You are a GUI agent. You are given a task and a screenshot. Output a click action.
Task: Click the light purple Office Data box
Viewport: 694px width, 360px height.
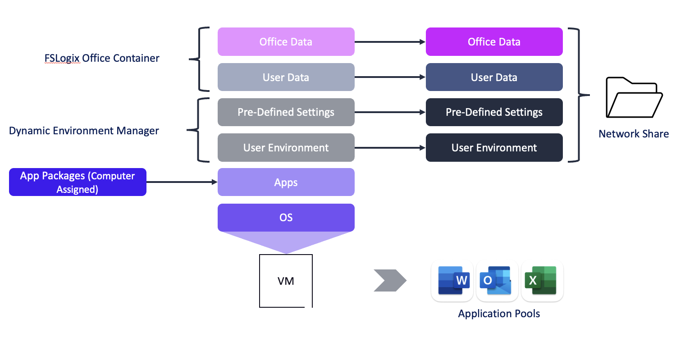[286, 42]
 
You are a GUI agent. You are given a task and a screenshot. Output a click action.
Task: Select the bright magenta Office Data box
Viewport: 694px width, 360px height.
[494, 42]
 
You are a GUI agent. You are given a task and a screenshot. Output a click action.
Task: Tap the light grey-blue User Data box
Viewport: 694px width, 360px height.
[286, 77]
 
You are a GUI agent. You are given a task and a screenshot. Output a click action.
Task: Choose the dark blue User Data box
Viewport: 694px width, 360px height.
[494, 77]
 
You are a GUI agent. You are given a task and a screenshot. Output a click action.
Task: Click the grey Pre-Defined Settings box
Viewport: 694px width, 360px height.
[286, 112]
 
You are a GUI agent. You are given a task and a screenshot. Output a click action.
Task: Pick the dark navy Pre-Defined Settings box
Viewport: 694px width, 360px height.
[494, 112]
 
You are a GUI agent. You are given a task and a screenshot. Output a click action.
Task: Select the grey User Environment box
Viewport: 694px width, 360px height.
[286, 148]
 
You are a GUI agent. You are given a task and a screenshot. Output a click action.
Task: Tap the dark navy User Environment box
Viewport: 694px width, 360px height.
[494, 148]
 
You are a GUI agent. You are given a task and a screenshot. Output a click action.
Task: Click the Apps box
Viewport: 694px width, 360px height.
[286, 182]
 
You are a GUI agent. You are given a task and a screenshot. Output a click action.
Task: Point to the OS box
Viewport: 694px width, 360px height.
[286, 218]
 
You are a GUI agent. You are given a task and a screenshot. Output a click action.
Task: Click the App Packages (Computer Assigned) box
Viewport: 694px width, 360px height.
[78, 182]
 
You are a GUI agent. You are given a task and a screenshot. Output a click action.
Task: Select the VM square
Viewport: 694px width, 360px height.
[286, 281]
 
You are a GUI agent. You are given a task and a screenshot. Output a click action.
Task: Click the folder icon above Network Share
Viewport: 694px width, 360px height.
[634, 98]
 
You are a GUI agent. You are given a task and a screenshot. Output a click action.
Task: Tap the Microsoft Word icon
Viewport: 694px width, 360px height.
[452, 281]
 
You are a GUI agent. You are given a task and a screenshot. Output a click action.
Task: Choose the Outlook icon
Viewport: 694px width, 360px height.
[497, 281]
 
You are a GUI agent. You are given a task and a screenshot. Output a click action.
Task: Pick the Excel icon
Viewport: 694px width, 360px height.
[542, 281]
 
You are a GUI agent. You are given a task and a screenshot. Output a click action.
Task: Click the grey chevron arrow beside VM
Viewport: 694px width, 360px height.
[390, 281]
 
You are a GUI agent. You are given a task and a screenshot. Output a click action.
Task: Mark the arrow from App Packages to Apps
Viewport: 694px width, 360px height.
[182, 182]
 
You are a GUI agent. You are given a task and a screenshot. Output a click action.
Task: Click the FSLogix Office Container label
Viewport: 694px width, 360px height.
[102, 59]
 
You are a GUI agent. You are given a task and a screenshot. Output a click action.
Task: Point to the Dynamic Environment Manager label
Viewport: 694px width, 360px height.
[84, 131]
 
